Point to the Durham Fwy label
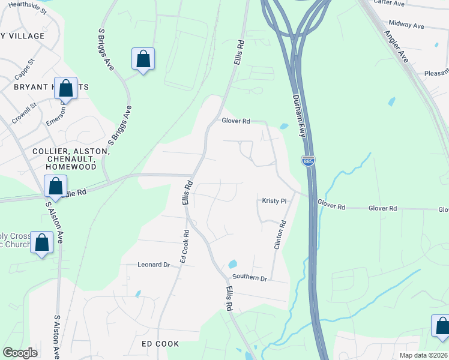tap(300, 116)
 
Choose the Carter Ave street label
tap(389, 3)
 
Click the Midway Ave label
tap(406, 26)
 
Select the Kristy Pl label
tap(274, 200)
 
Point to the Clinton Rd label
tap(279, 235)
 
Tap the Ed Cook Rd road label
tap(184, 246)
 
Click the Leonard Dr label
tap(154, 264)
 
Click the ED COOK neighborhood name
tap(160, 344)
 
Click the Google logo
tap(20, 353)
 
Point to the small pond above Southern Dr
tap(232, 264)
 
